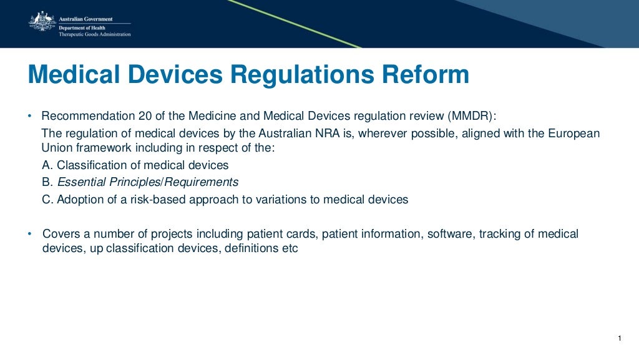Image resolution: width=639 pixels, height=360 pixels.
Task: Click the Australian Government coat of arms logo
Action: pos(42,22)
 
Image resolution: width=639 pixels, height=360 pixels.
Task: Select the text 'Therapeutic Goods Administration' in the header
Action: pos(95,34)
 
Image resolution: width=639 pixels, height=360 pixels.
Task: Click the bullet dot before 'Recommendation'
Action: pos(29,117)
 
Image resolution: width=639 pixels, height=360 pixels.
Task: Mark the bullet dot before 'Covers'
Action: pos(29,234)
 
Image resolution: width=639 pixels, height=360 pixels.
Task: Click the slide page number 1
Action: pos(619,339)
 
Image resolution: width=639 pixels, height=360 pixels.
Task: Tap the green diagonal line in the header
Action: pos(293,23)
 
